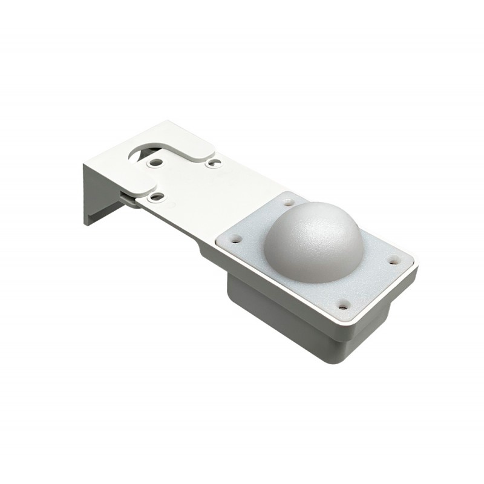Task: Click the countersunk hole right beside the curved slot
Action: pos(157,163)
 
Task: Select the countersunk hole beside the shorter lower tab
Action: pos(156,197)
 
